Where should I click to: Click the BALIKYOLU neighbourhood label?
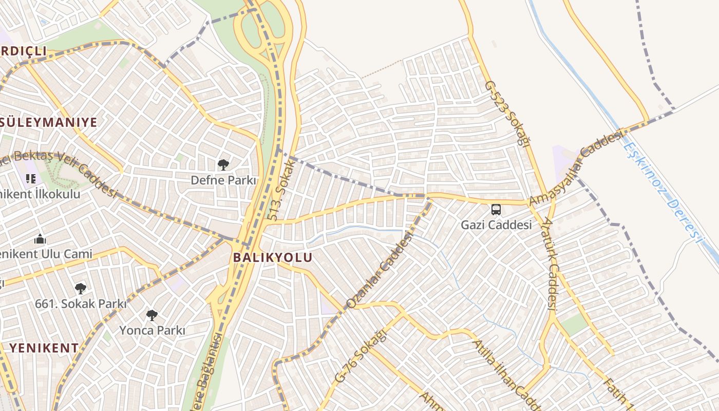273,257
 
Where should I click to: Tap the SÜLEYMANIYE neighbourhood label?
49,122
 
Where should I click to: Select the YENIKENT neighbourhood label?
44,348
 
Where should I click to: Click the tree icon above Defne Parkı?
223,165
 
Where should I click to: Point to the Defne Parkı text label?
223,180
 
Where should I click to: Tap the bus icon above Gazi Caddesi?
496,210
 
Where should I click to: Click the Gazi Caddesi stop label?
496,225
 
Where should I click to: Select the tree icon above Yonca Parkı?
152,315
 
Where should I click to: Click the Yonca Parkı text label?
152,330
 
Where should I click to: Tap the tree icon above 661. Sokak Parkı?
80,288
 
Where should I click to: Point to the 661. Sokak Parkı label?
81,304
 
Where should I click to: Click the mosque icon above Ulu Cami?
40,239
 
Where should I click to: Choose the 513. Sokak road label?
280,190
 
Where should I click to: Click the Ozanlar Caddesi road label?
380,270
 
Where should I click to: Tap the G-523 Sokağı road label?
507,113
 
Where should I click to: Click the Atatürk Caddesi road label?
550,265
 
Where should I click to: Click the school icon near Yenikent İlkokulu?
31,179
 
